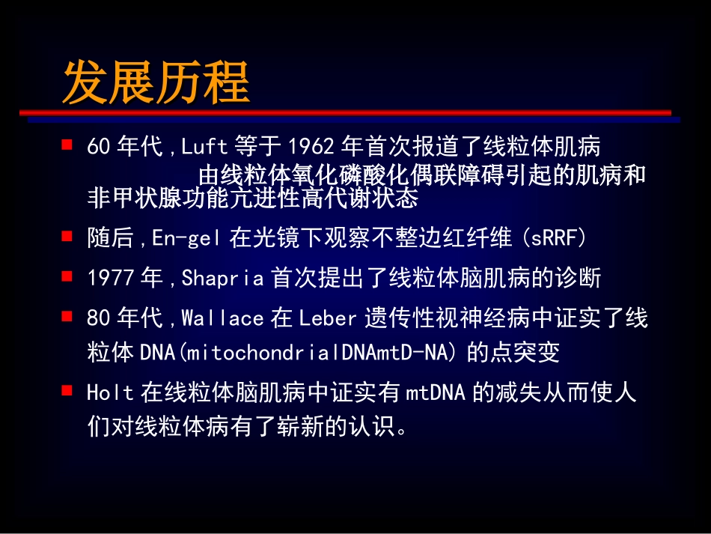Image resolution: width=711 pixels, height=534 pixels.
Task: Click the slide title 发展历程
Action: [156, 83]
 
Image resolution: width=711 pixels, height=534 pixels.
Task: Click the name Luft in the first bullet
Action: [204, 145]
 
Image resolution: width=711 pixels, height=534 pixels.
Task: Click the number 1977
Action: [111, 279]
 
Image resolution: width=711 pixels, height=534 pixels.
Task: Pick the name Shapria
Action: [223, 279]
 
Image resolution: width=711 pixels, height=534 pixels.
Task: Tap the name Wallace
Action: [223, 319]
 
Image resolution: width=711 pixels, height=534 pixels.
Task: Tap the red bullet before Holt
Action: [67, 389]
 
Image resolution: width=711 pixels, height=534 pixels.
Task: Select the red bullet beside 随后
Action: [67, 236]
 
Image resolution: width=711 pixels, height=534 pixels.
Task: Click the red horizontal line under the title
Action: [344, 112]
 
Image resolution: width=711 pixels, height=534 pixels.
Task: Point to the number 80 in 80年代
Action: [99, 319]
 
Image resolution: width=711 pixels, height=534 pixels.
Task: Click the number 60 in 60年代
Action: [99, 145]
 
